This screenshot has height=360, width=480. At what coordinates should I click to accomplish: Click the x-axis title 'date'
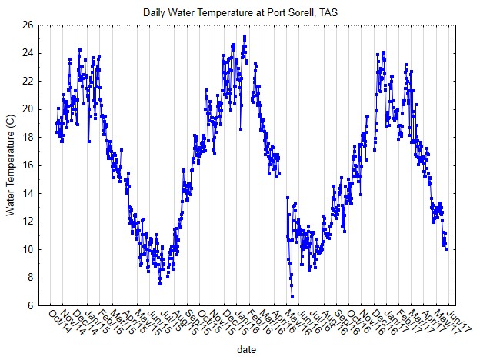tap(246, 350)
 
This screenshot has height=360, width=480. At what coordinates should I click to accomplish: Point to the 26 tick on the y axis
tap(28, 25)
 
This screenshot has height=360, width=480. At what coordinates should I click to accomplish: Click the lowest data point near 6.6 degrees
tap(292, 296)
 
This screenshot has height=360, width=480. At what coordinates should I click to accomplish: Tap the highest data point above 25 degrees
tap(245, 35)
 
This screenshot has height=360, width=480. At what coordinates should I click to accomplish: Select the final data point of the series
tap(445, 248)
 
